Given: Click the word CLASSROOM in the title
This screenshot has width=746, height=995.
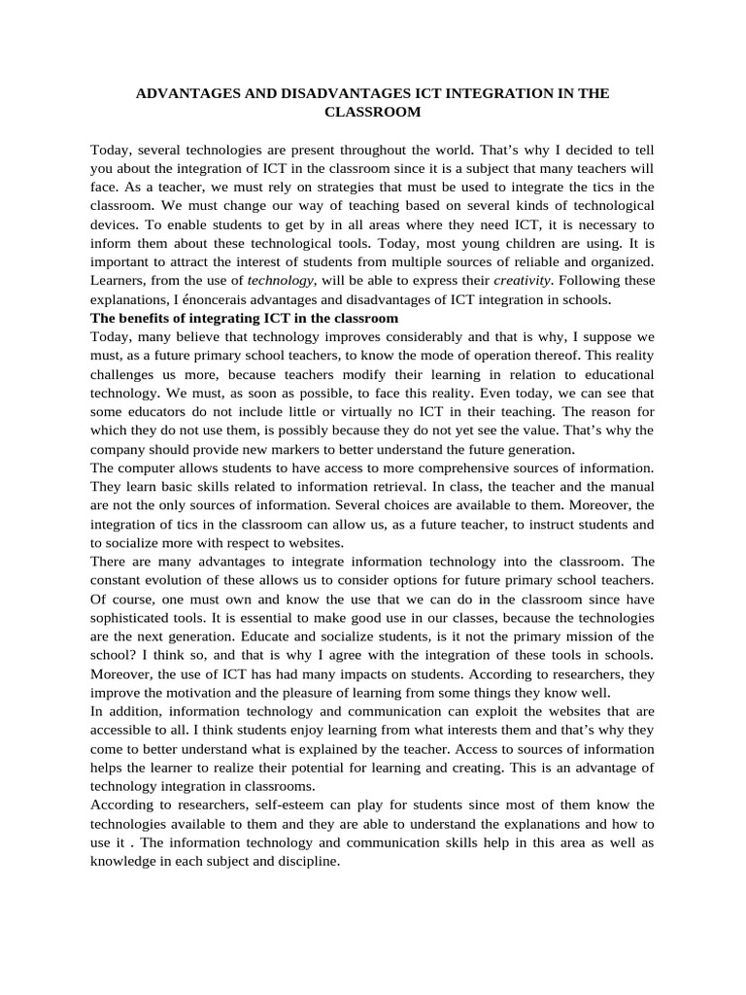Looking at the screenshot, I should [x=372, y=112].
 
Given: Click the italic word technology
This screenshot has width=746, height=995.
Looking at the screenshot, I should [x=282, y=281].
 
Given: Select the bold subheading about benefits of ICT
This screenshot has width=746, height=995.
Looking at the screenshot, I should [x=245, y=319].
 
